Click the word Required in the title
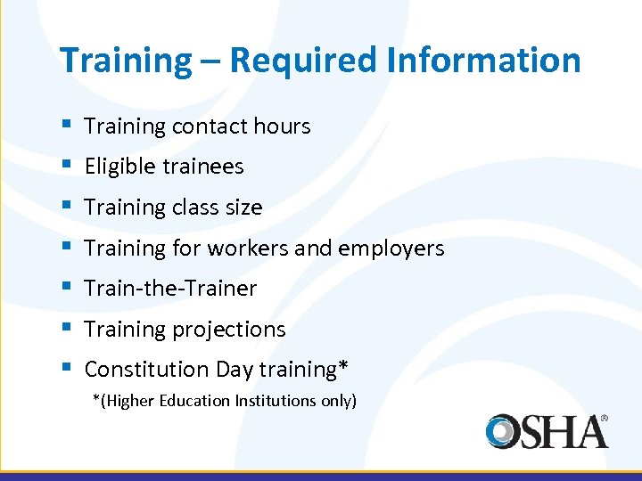pyautogui.click(x=303, y=61)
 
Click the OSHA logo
pyautogui.click(x=546, y=431)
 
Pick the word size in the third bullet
pyautogui.click(x=243, y=208)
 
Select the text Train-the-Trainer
pyautogui.click(x=170, y=289)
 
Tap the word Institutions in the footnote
pyautogui.click(x=276, y=401)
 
